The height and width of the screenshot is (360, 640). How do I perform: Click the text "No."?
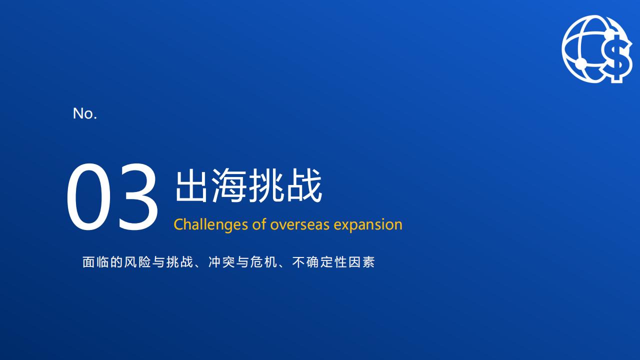point(85,113)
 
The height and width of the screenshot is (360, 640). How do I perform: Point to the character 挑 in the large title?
point(266,185)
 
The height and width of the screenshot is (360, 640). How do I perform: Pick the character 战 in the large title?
point(304,185)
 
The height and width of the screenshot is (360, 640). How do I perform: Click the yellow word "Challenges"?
point(210,225)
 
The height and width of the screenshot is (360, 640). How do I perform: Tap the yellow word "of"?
point(259,224)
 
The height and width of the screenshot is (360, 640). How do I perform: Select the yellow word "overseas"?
point(299,225)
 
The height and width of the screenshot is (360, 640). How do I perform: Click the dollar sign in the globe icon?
point(617,58)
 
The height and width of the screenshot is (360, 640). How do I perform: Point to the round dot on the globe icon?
point(580,63)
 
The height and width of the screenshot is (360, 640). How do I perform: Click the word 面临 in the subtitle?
point(96,262)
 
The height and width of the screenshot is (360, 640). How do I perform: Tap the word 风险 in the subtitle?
point(137,262)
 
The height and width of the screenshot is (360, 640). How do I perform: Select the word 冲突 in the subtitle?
point(221,262)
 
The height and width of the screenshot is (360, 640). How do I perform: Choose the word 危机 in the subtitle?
point(263,262)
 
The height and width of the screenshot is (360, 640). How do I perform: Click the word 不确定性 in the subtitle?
point(319,262)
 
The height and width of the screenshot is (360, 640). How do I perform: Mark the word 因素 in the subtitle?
point(361,262)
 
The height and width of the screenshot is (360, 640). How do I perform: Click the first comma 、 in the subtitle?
point(197,265)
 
